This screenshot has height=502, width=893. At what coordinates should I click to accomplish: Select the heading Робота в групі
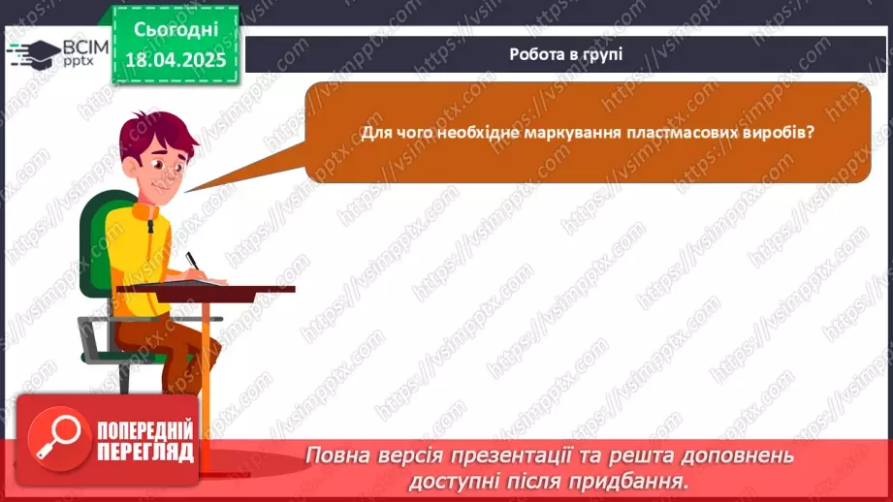(565, 54)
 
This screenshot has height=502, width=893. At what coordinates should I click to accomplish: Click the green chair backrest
(97, 242)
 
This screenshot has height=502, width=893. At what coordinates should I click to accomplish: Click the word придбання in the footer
(637, 480)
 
